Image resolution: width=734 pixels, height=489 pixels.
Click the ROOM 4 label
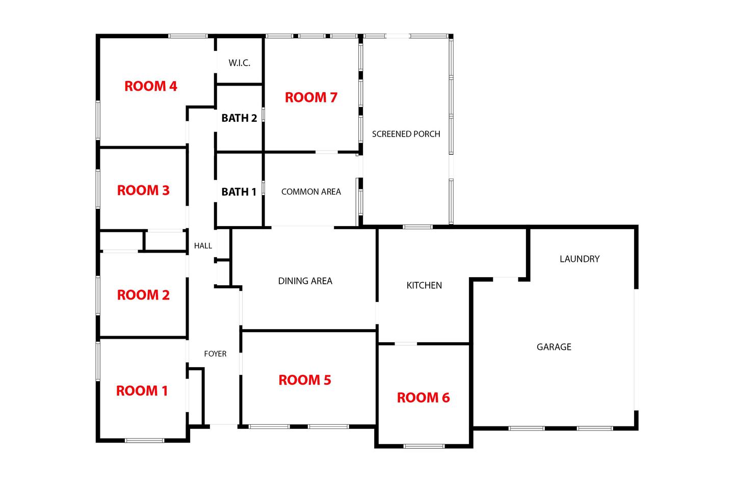(151, 86)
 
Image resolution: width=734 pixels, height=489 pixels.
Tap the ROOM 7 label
(311, 97)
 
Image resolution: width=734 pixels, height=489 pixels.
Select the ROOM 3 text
(143, 191)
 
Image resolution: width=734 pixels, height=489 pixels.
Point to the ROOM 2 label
(143, 295)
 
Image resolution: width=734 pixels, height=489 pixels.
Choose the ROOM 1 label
(142, 391)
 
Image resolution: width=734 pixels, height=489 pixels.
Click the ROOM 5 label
(305, 380)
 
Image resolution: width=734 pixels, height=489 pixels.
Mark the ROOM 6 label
(424, 398)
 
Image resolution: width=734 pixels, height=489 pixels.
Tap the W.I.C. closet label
(240, 63)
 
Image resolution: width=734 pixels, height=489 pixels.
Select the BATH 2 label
(239, 118)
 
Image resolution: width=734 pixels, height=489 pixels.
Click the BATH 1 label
(239, 192)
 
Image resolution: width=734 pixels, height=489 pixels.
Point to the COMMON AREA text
(311, 192)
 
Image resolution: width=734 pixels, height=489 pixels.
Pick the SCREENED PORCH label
(406, 134)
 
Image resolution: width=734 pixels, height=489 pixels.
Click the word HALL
(203, 246)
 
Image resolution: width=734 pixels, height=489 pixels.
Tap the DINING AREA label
(305, 281)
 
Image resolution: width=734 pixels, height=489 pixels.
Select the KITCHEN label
(424, 285)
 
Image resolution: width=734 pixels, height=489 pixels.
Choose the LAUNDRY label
(580, 259)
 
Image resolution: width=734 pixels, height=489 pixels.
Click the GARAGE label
(554, 347)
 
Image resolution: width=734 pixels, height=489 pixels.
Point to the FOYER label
(215, 354)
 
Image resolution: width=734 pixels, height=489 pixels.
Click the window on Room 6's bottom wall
(424, 446)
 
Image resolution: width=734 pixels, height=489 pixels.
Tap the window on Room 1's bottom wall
(145, 441)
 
